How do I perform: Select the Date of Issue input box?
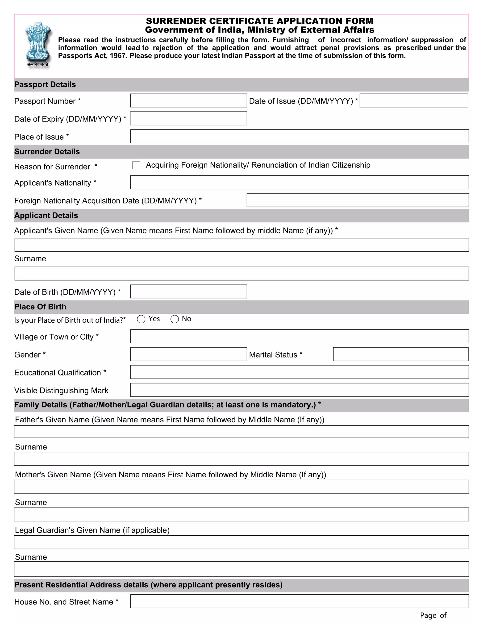coord(413,101)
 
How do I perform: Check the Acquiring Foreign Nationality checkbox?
coord(136,165)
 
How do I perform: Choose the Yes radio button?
coord(141,319)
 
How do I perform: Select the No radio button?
coord(175,319)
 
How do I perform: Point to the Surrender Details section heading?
coord(47,152)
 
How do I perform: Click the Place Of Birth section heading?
coord(40,307)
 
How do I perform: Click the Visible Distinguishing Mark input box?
coord(299,390)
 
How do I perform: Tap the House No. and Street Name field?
coord(299,601)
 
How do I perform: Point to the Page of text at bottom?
coord(433,615)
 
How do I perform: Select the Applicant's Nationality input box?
coord(299,182)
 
